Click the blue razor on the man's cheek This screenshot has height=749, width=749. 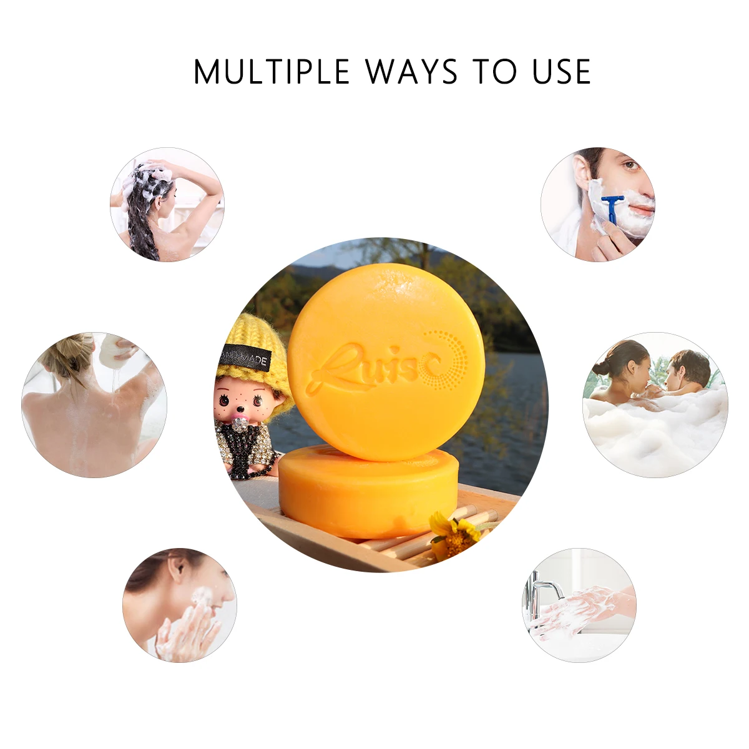tap(612, 208)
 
